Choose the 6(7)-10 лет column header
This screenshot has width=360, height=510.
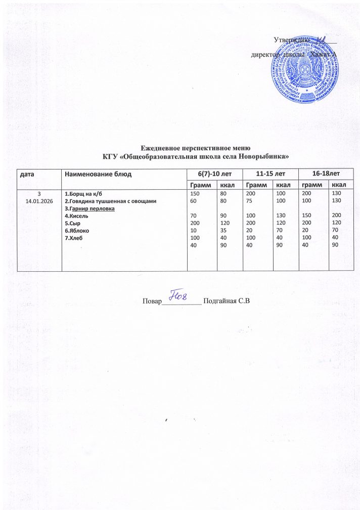click(215, 174)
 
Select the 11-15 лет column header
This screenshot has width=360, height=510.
click(271, 174)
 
